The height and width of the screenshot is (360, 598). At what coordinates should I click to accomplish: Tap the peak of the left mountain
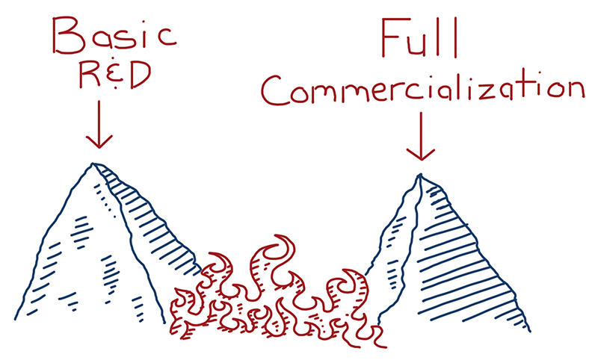(93, 164)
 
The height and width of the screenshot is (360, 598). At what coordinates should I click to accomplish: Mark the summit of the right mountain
(419, 176)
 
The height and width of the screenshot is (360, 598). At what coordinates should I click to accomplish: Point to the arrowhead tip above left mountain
(99, 147)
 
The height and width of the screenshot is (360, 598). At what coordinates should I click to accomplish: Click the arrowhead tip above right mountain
(421, 159)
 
